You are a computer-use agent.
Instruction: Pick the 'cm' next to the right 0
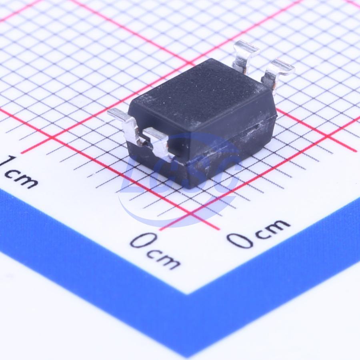[273, 228]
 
